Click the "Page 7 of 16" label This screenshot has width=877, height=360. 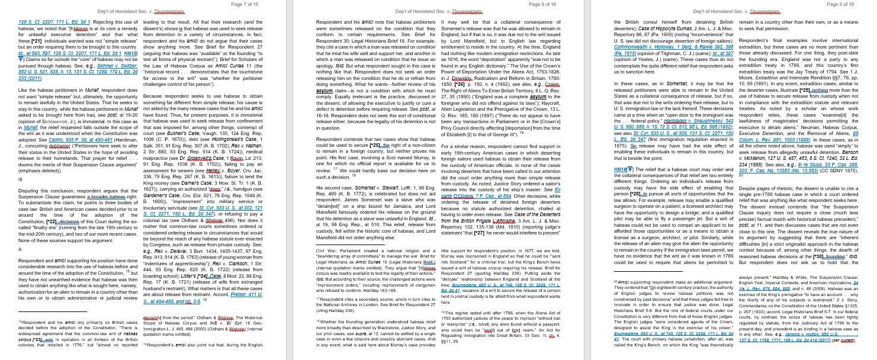(244, 4)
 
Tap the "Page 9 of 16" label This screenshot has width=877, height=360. (841, 4)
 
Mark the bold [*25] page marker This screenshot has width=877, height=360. (376, 144)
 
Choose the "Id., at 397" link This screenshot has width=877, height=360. (717, 53)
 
